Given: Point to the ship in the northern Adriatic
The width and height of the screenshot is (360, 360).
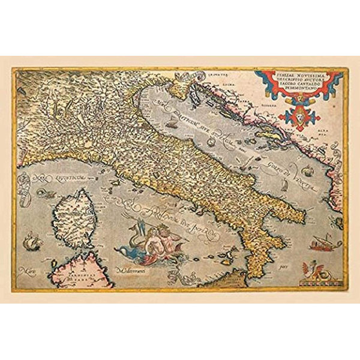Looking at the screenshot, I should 173,125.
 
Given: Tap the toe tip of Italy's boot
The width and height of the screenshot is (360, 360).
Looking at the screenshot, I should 252,275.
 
